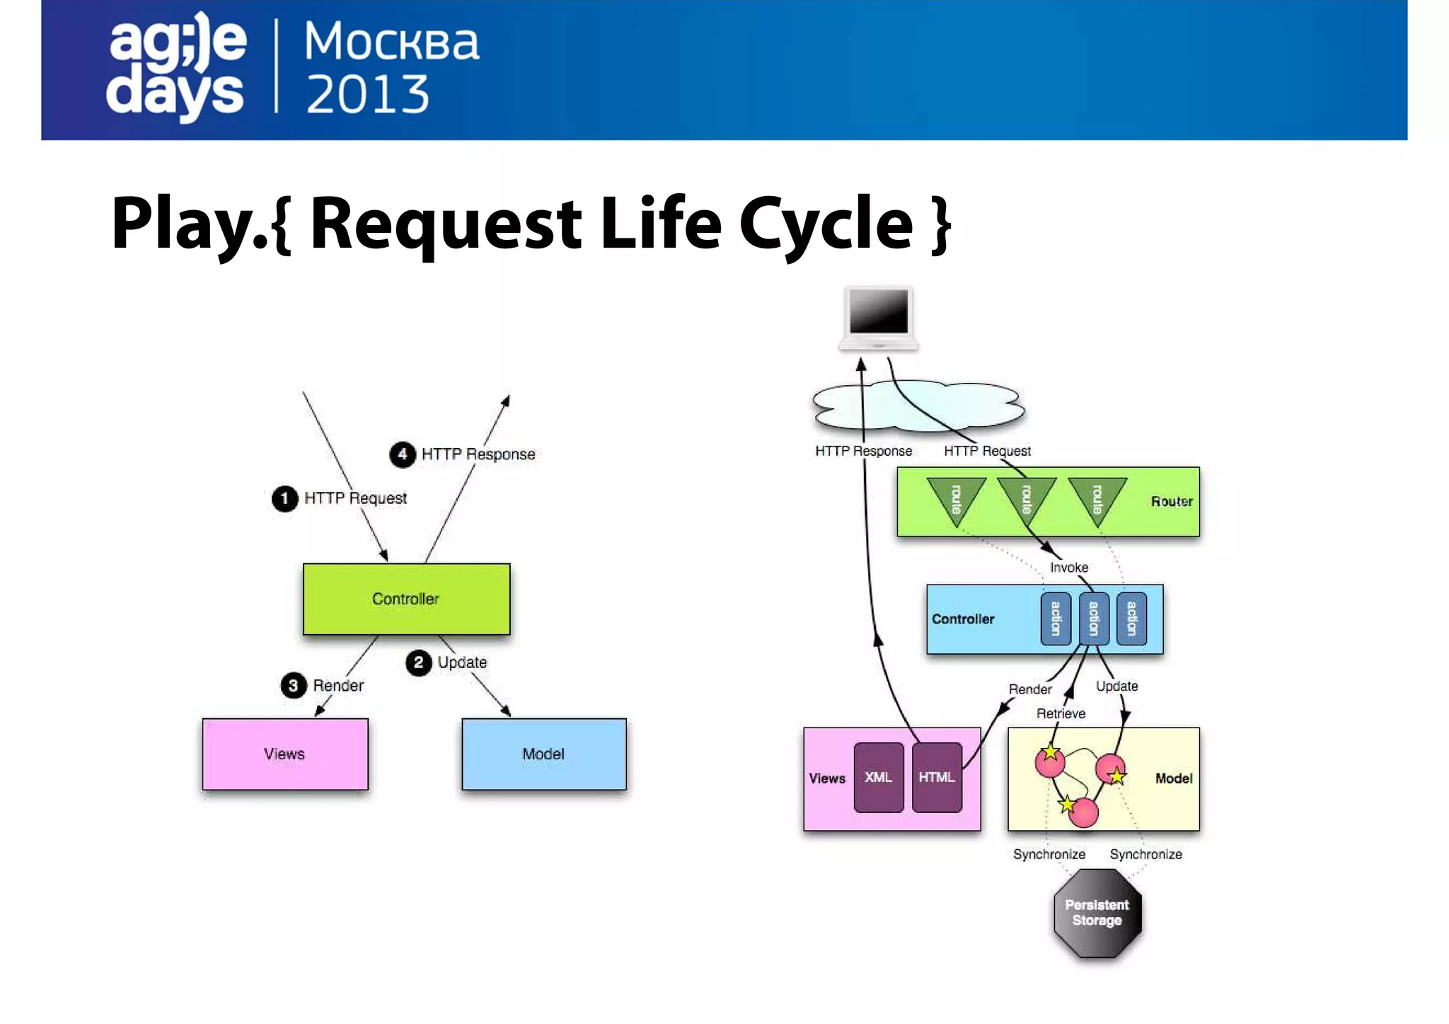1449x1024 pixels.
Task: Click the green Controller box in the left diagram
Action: click(x=406, y=599)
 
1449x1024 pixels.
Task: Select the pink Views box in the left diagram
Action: click(x=284, y=754)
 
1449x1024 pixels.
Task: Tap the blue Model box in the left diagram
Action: click(x=543, y=754)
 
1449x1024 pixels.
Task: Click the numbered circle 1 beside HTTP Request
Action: click(x=284, y=498)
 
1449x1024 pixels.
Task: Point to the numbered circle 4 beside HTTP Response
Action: click(x=403, y=454)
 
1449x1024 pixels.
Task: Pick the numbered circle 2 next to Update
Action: click(x=419, y=662)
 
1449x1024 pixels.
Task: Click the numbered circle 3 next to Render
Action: click(x=294, y=685)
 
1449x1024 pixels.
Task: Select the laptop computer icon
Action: click(x=879, y=318)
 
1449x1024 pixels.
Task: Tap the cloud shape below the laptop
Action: click(x=920, y=407)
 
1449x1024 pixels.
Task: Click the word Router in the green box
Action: click(x=1171, y=501)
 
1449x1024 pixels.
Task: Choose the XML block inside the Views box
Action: click(x=878, y=777)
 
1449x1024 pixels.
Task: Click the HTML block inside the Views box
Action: click(x=937, y=777)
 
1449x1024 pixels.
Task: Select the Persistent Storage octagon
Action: click(x=1097, y=913)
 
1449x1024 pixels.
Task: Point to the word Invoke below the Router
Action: click(x=1068, y=568)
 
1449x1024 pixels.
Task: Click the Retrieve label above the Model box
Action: click(x=1061, y=713)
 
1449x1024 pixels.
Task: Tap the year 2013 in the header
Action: click(x=367, y=94)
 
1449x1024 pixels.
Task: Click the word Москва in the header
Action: click(x=391, y=42)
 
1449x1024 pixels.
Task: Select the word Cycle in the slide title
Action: click(x=826, y=223)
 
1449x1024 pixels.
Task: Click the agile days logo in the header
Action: click(x=176, y=67)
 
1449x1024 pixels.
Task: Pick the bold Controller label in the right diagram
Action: click(x=962, y=619)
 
